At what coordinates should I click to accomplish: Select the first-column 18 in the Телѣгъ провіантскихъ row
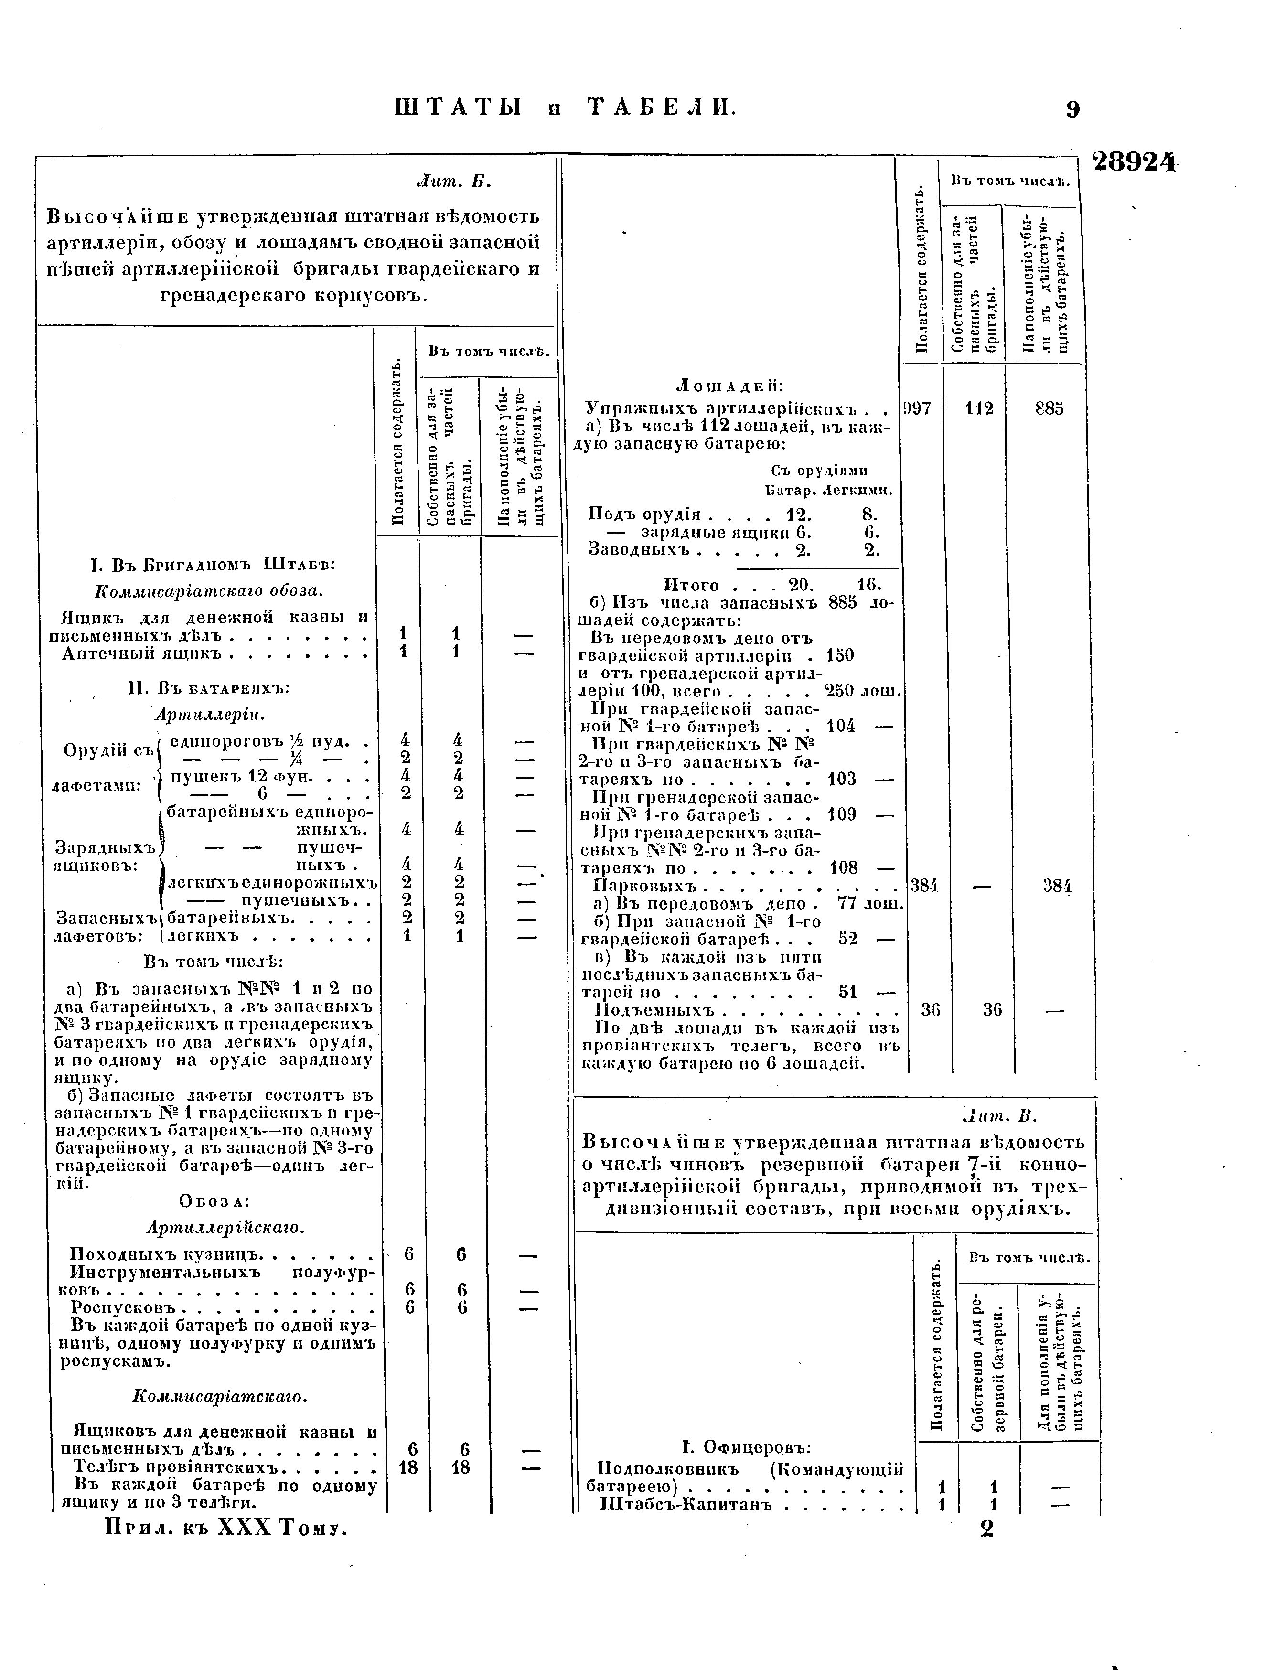click(408, 1467)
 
